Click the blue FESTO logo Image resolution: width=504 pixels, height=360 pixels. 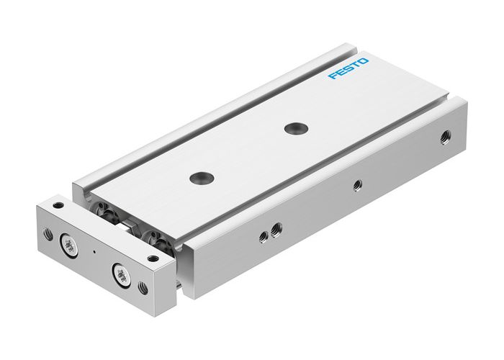coord(348,70)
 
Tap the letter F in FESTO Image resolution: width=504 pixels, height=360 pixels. coord(333,77)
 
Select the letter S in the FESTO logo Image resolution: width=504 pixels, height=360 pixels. coord(348,70)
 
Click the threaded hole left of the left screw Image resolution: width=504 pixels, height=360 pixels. coord(48,233)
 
